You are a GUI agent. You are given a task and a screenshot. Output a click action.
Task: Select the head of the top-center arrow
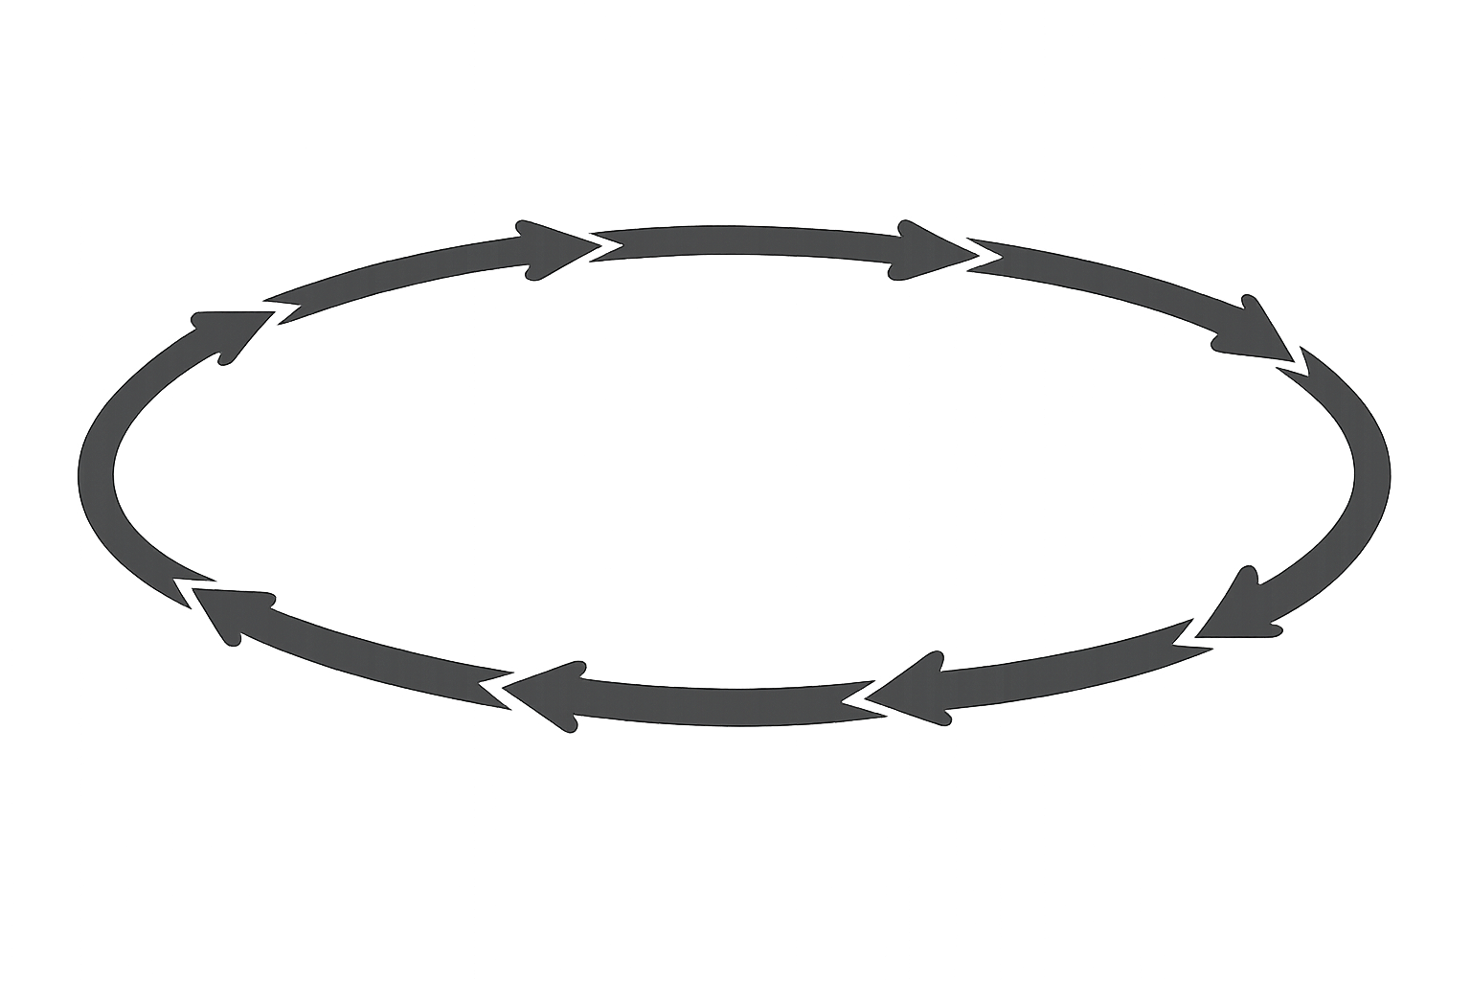point(934,251)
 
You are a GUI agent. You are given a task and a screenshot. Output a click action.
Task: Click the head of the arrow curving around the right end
point(1240,609)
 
